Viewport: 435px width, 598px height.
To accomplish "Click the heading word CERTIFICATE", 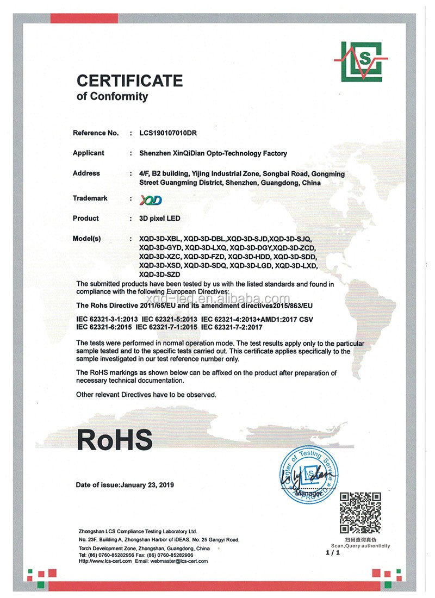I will [129, 81].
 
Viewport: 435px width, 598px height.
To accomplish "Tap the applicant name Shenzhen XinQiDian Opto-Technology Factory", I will [213, 153].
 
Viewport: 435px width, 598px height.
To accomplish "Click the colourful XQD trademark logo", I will [151, 200].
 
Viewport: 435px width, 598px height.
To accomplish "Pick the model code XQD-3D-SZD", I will [158, 275].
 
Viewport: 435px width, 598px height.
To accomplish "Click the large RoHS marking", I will [114, 439].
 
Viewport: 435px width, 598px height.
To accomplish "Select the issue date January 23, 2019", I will [147, 484].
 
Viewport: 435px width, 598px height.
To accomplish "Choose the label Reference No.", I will [95, 133].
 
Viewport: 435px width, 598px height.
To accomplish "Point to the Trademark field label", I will [90, 198].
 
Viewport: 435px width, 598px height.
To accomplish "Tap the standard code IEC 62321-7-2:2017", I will [232, 327].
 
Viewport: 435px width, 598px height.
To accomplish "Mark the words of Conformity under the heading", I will [112, 97].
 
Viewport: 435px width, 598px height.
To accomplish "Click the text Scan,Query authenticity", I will [360, 545].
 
